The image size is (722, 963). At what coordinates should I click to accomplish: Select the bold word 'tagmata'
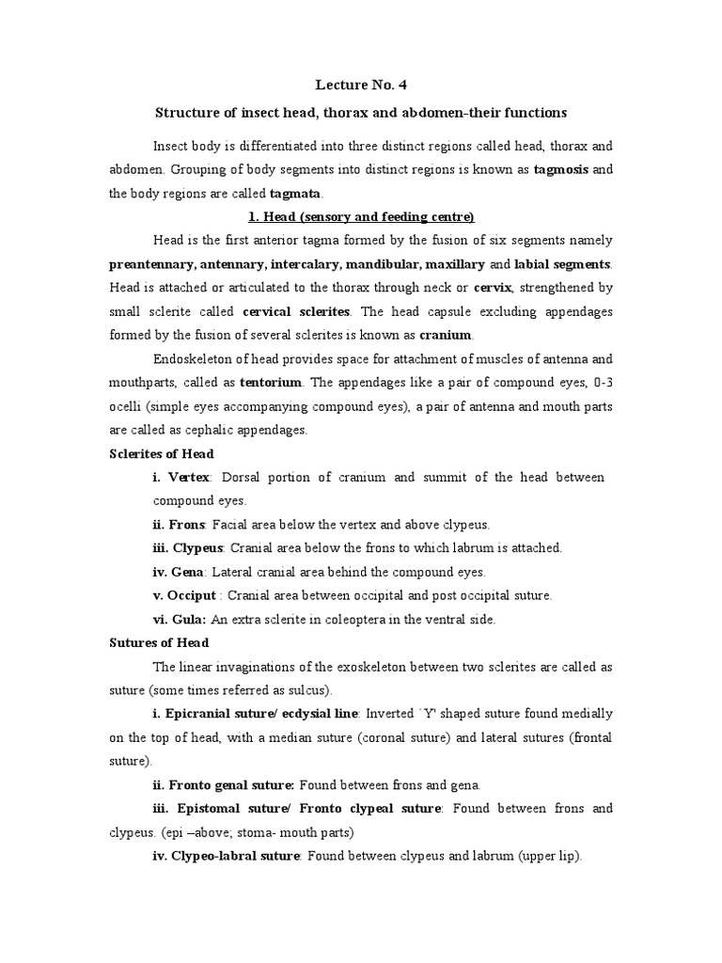[x=295, y=194]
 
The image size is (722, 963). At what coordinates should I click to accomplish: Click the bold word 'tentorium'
[x=271, y=384]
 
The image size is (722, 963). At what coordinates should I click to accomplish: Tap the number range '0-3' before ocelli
[x=601, y=384]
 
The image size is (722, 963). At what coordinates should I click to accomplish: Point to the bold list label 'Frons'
[x=188, y=524]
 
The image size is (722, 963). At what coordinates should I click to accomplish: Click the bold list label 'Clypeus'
[x=197, y=547]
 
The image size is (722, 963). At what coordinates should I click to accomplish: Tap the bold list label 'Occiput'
[x=192, y=595]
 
